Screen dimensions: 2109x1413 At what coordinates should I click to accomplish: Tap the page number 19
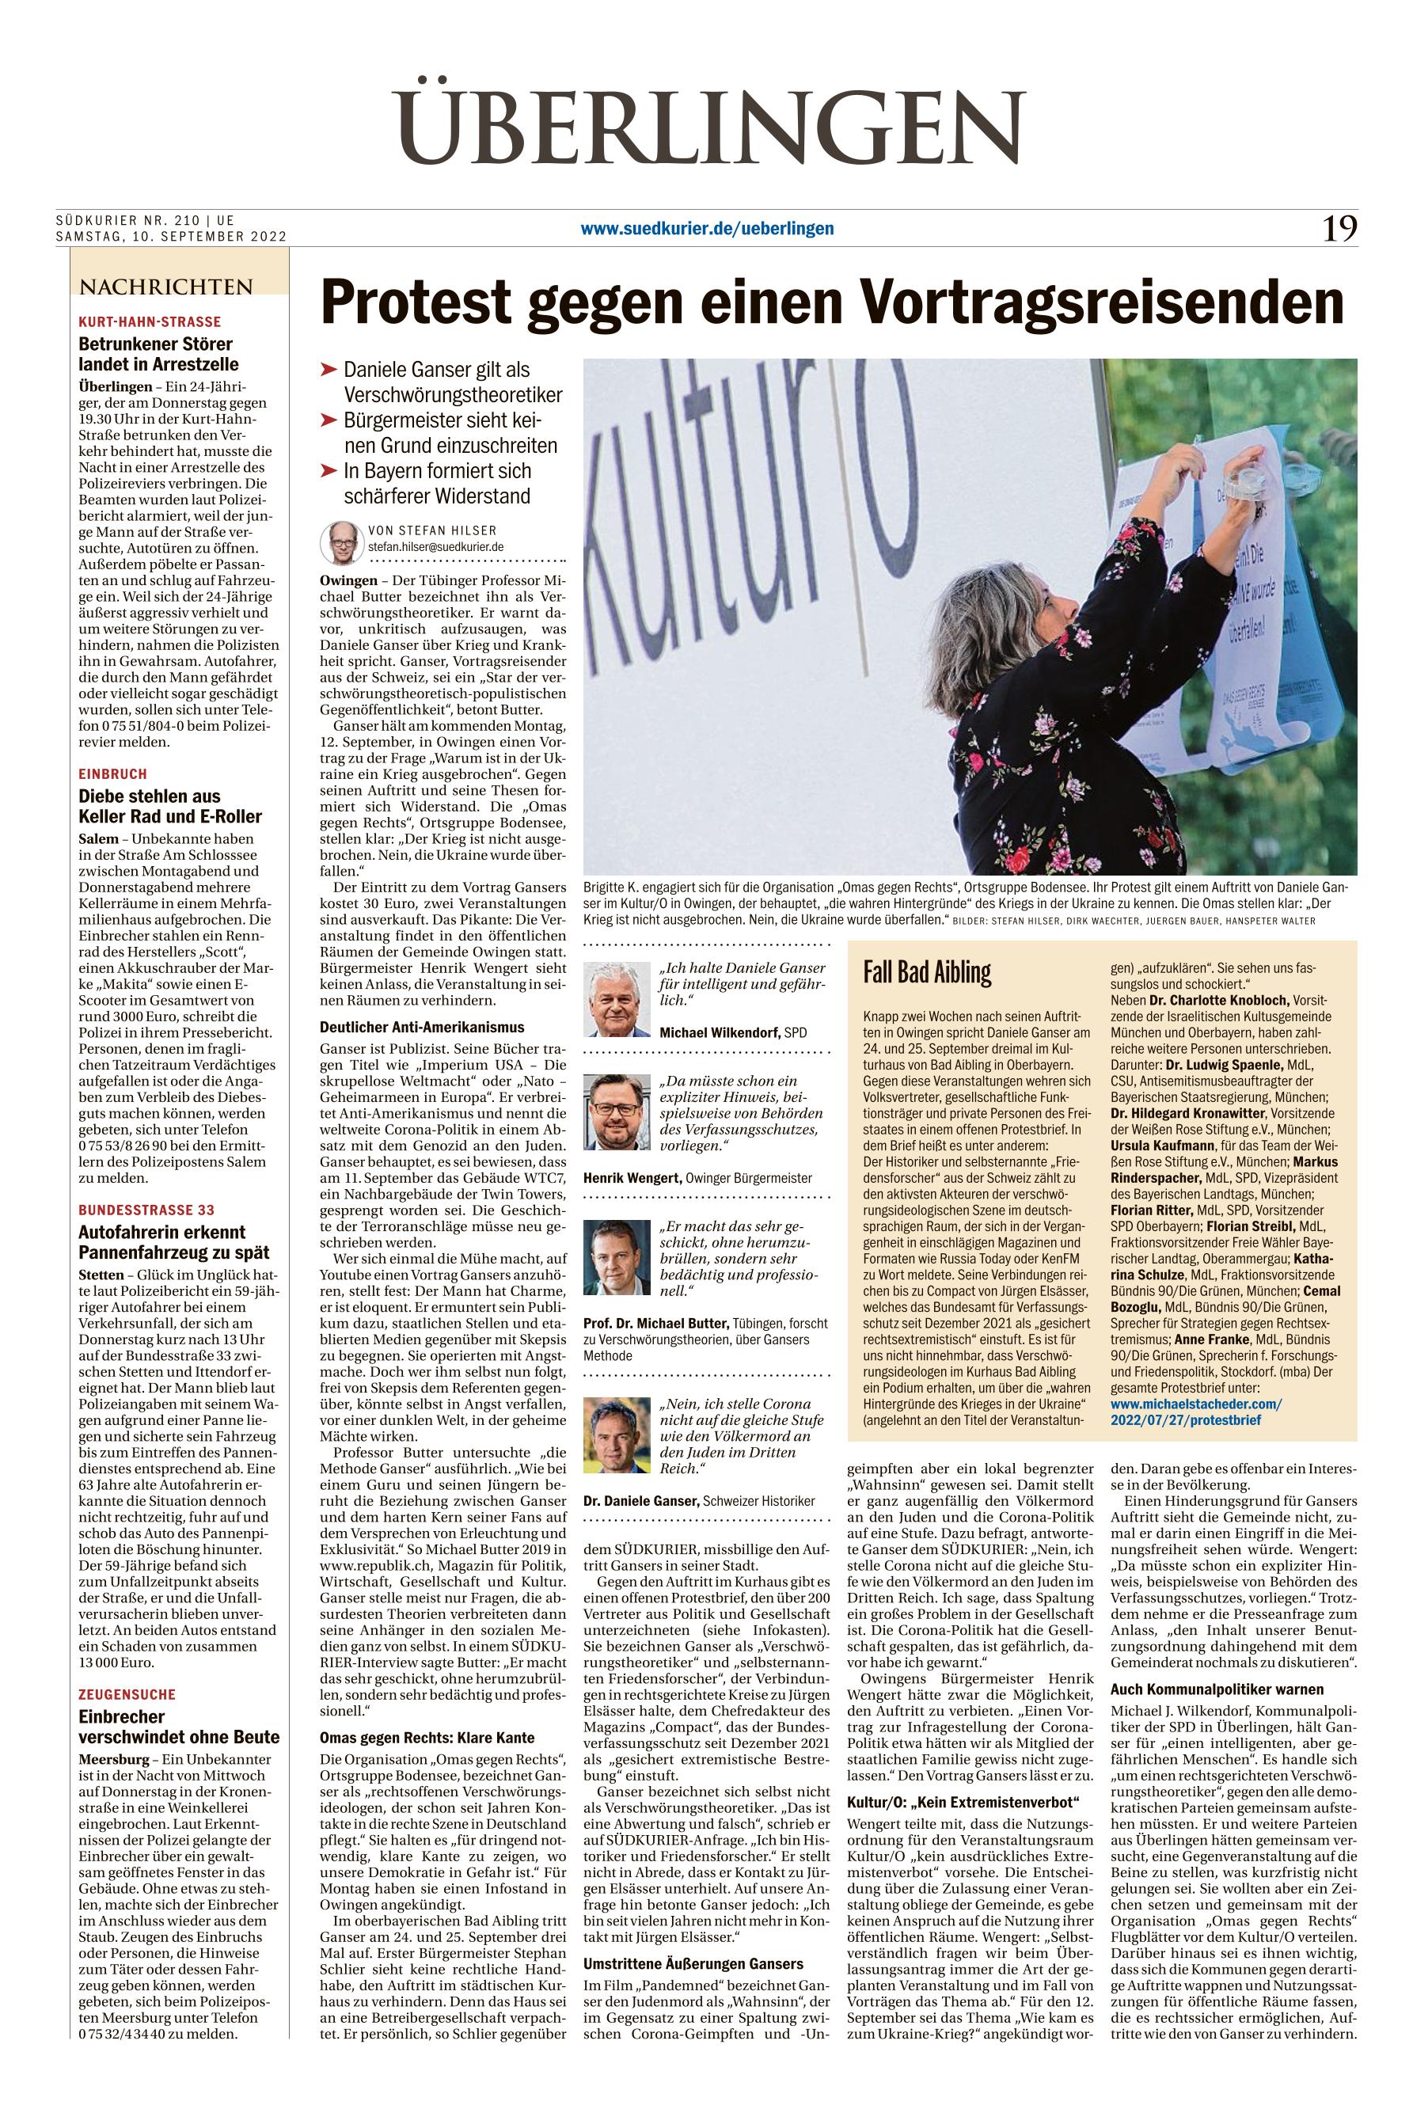pos(1339,229)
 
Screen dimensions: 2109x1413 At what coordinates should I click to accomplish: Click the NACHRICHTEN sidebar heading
pos(167,287)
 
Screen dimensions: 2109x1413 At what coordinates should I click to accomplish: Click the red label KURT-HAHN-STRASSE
pos(150,321)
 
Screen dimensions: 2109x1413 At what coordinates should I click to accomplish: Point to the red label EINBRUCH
pos(112,774)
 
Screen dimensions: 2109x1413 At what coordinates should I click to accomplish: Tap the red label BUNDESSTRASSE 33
pos(146,1210)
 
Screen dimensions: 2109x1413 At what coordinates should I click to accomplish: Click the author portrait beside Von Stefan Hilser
pos(340,541)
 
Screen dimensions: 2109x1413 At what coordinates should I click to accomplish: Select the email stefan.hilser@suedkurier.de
pos(435,546)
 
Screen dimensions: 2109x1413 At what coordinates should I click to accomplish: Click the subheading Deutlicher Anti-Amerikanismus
pos(422,1027)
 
